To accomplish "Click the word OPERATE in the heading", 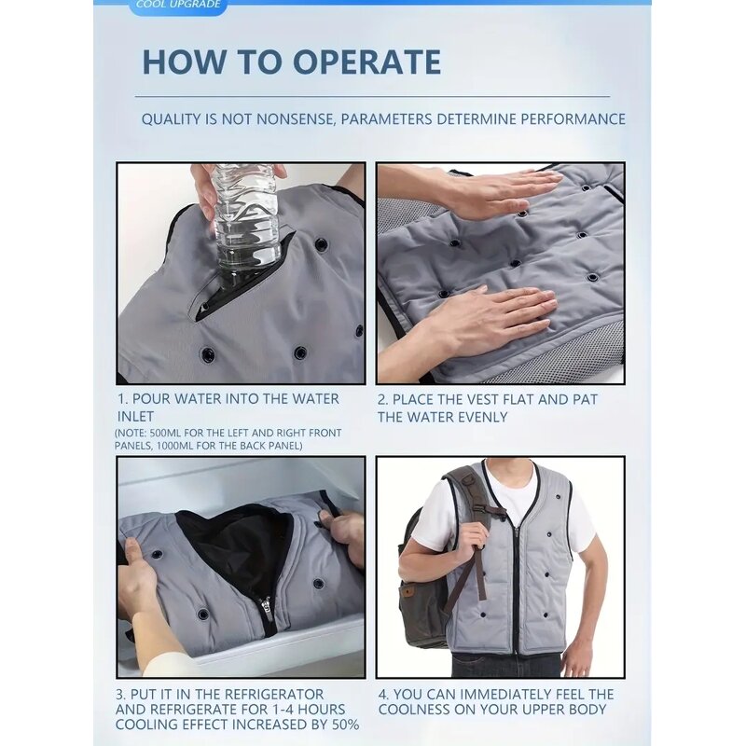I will pyautogui.click(x=366, y=62).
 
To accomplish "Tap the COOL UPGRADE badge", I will pyautogui.click(x=178, y=5).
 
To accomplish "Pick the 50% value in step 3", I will pyautogui.click(x=340, y=725).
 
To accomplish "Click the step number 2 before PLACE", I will pyautogui.click(x=382, y=399).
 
